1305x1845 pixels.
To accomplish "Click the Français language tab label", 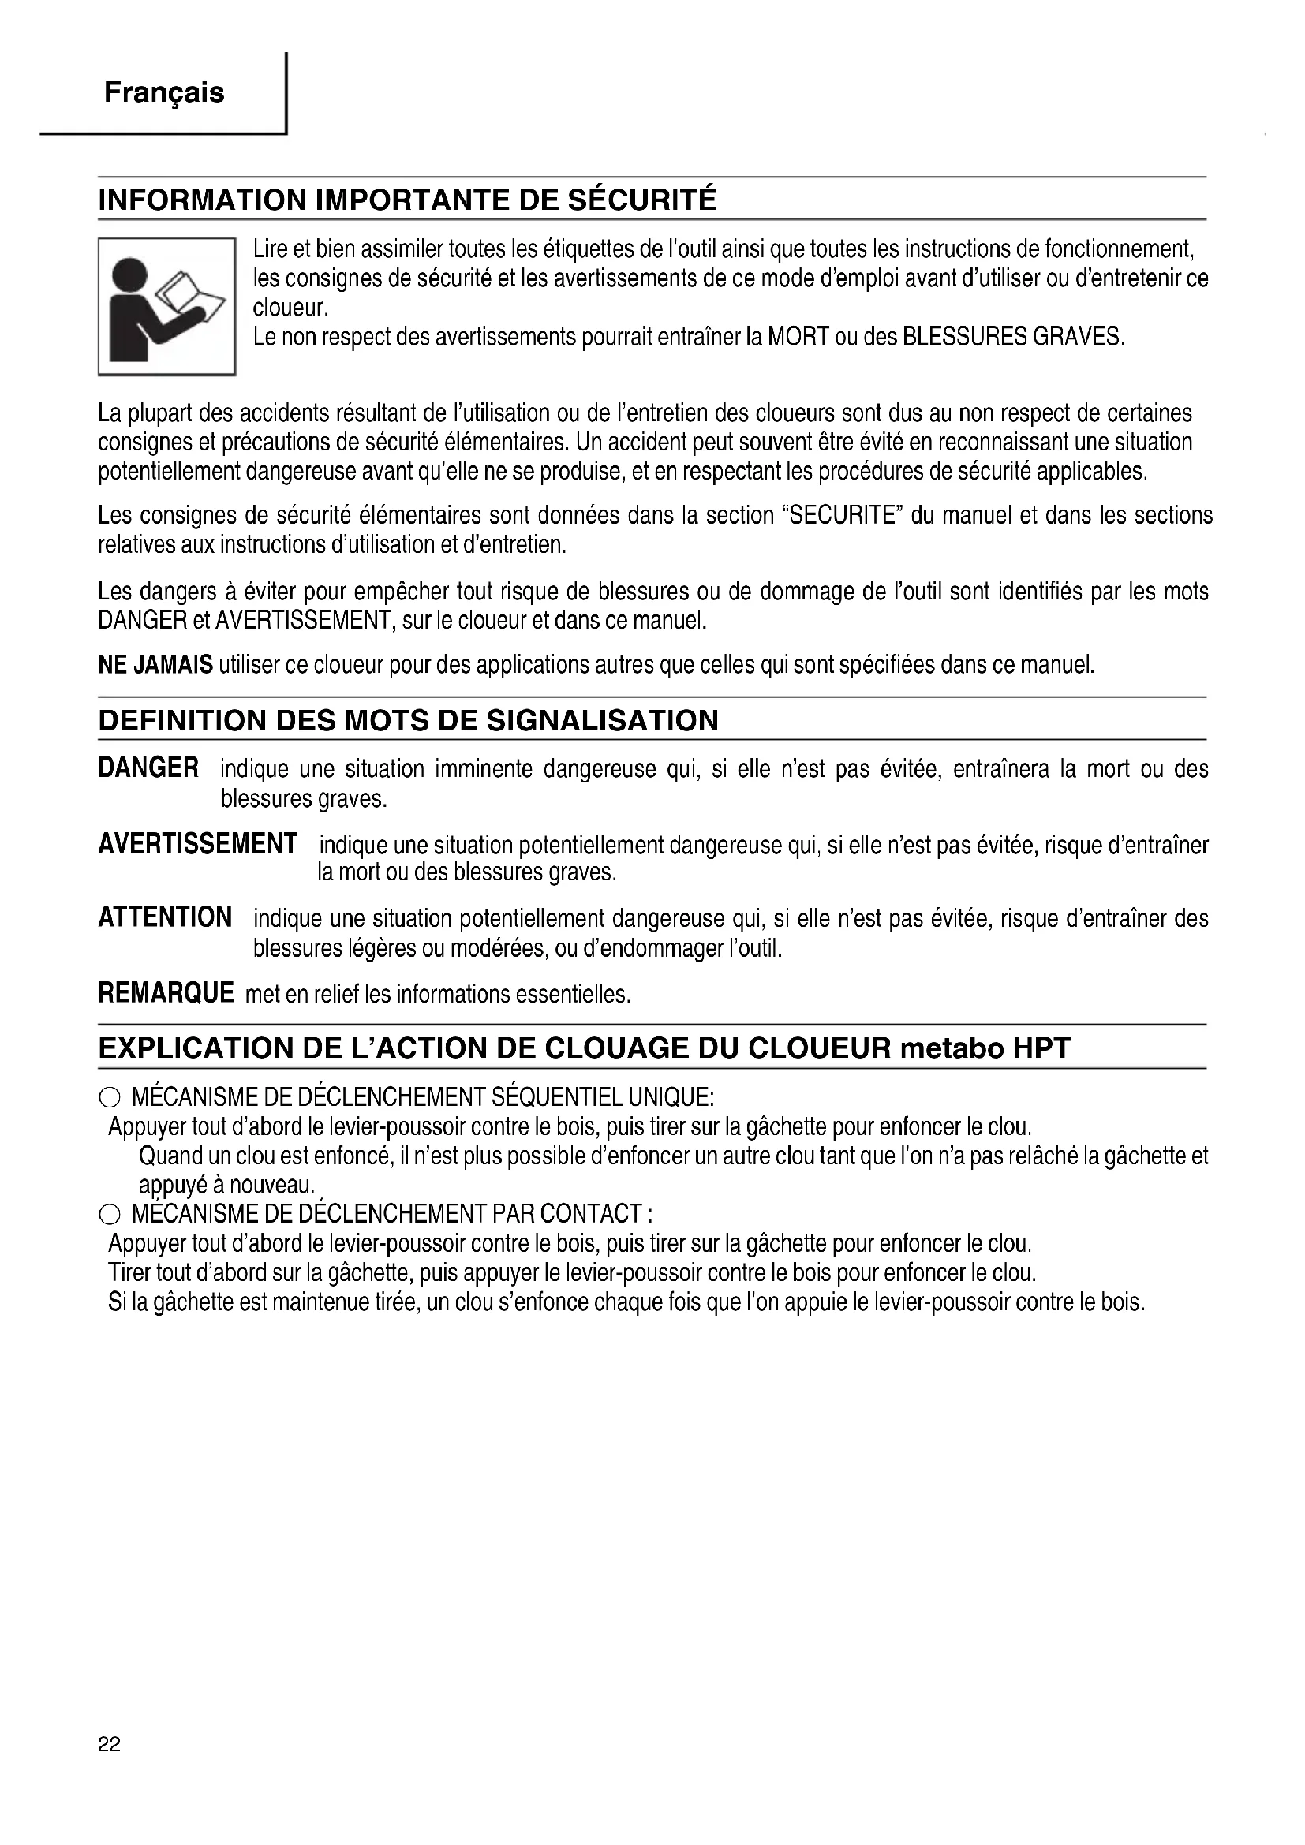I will click(x=164, y=93).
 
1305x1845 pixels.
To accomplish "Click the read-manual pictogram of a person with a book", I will click(x=166, y=307).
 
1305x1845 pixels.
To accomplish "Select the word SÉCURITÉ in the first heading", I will click(x=642, y=200).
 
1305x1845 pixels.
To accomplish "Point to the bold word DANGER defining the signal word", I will click(x=148, y=768).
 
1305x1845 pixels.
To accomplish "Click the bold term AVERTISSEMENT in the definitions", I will click(x=198, y=844).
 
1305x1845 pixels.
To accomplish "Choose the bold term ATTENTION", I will click(x=165, y=917).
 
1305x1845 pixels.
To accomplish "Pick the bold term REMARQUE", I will click(x=166, y=993).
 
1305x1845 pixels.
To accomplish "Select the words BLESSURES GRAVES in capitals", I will click(x=1011, y=336).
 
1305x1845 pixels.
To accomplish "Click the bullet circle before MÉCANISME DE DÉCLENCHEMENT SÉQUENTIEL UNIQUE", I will click(x=110, y=1098).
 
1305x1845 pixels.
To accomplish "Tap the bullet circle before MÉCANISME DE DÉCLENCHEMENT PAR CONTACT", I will click(x=110, y=1214).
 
